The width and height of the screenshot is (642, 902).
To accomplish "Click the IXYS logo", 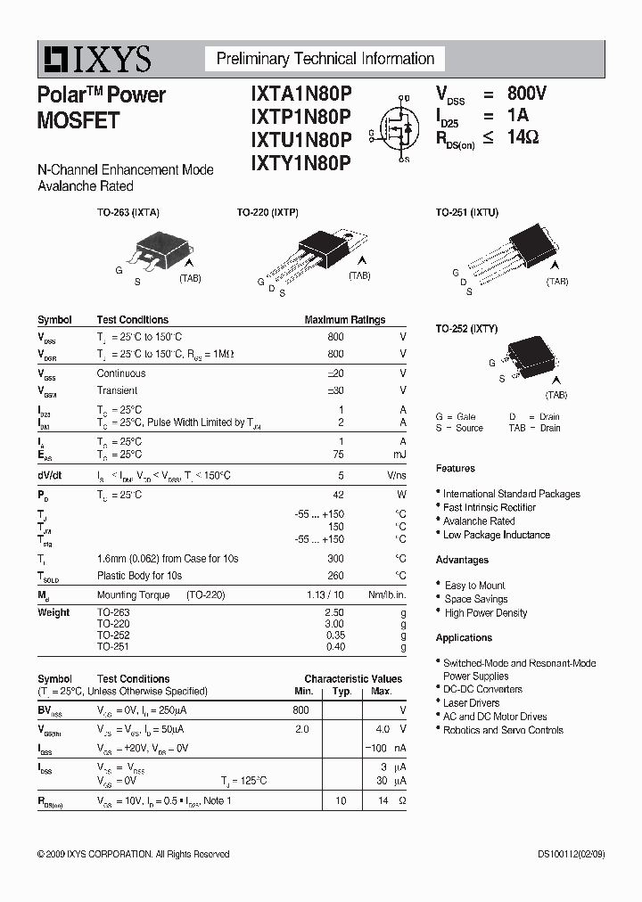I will click(x=95, y=60).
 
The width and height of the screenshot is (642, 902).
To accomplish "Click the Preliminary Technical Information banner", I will click(x=325, y=59).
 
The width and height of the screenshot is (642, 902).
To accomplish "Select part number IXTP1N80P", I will click(x=301, y=117).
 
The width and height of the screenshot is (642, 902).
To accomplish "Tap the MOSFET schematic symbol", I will click(x=399, y=128).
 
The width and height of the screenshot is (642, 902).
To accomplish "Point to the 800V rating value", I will click(x=527, y=94).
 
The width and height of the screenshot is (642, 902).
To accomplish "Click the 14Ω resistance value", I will click(x=523, y=137).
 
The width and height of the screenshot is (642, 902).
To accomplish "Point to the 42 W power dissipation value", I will click(x=337, y=494).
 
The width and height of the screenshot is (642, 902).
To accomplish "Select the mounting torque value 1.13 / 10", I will click(x=325, y=594).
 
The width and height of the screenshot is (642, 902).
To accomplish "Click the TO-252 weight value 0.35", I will click(x=333, y=635).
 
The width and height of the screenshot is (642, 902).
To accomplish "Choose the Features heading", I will click(x=455, y=468).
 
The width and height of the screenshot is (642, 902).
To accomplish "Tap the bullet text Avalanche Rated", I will click(x=479, y=521).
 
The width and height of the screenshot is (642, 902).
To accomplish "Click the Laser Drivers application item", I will click(x=472, y=703).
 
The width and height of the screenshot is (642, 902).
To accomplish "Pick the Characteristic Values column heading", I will click(x=353, y=678).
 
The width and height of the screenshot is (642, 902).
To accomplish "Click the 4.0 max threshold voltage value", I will click(x=382, y=728).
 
